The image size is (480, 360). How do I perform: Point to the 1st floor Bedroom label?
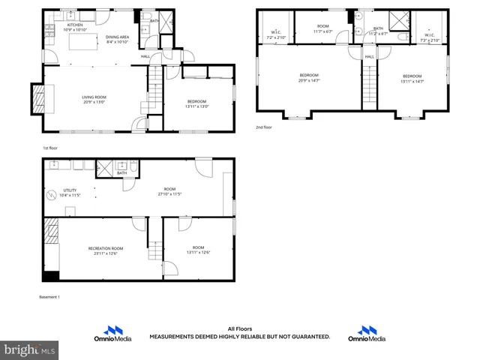[196, 103]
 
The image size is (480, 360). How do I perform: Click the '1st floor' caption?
[49, 148]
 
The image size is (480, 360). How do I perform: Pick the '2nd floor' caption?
[264, 127]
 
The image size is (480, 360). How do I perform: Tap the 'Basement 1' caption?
[49, 297]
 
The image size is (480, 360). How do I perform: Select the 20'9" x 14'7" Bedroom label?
[309, 77]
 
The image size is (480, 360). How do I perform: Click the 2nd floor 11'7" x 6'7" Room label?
[322, 28]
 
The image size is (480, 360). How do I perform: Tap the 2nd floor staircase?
[369, 86]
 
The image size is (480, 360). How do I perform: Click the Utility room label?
[70, 193]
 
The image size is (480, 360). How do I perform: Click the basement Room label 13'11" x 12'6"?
[198, 250]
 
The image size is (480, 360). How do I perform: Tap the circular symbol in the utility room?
[52, 196]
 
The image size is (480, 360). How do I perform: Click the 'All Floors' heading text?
[239, 328]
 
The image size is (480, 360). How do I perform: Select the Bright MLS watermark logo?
[30, 349]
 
